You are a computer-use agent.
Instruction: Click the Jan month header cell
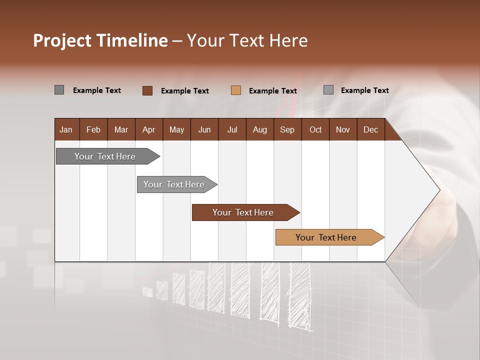(x=66, y=129)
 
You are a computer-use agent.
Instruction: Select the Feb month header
(x=93, y=129)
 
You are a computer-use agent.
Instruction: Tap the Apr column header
(x=149, y=129)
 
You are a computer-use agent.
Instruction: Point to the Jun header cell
(x=204, y=129)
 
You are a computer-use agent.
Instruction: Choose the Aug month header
(x=260, y=129)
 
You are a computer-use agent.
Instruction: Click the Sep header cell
(x=287, y=129)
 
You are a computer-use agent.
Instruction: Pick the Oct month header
(x=315, y=129)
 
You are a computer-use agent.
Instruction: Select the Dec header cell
(x=371, y=129)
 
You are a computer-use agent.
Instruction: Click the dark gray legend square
(x=59, y=90)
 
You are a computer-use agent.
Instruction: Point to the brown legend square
(x=147, y=90)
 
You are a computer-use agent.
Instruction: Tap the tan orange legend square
(x=236, y=90)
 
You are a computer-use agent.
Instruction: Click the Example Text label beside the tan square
(x=273, y=91)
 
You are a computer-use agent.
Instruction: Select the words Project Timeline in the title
(x=100, y=40)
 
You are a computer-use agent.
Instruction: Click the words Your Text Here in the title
(x=247, y=40)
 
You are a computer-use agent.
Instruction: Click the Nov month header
(x=343, y=129)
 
